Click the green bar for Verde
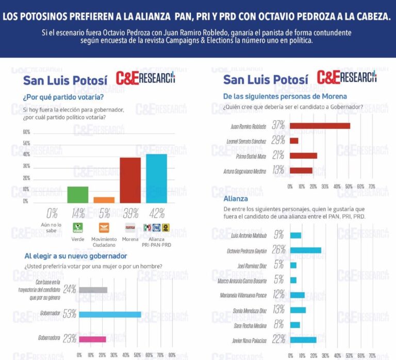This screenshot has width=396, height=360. pyautogui.click(x=78, y=195)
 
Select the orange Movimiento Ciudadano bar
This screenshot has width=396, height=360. pyautogui.click(x=104, y=200)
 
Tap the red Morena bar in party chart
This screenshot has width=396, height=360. pyautogui.click(x=130, y=180)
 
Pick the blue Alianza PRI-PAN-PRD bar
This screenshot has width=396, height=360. pyautogui.click(x=156, y=179)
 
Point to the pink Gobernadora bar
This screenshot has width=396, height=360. pyautogui.click(x=92, y=338)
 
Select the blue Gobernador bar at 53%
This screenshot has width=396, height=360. pyautogui.click(x=110, y=314)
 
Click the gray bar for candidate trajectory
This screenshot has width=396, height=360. pyautogui.click(x=93, y=290)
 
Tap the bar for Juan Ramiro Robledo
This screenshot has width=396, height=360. pyautogui.click(x=320, y=126)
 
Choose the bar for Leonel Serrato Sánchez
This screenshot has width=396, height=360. pyautogui.click(x=294, y=141)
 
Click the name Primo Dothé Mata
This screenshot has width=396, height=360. pyautogui.click(x=250, y=156)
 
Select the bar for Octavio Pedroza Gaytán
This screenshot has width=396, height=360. pyautogui.click(x=306, y=250)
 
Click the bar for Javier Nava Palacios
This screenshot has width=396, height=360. pyautogui.click(x=303, y=339)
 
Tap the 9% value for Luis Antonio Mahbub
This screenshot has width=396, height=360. pyautogui.click(x=279, y=235)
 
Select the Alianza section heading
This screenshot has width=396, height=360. pyautogui.click(x=236, y=198)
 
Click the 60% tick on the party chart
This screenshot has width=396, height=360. pyautogui.click(x=26, y=132)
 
